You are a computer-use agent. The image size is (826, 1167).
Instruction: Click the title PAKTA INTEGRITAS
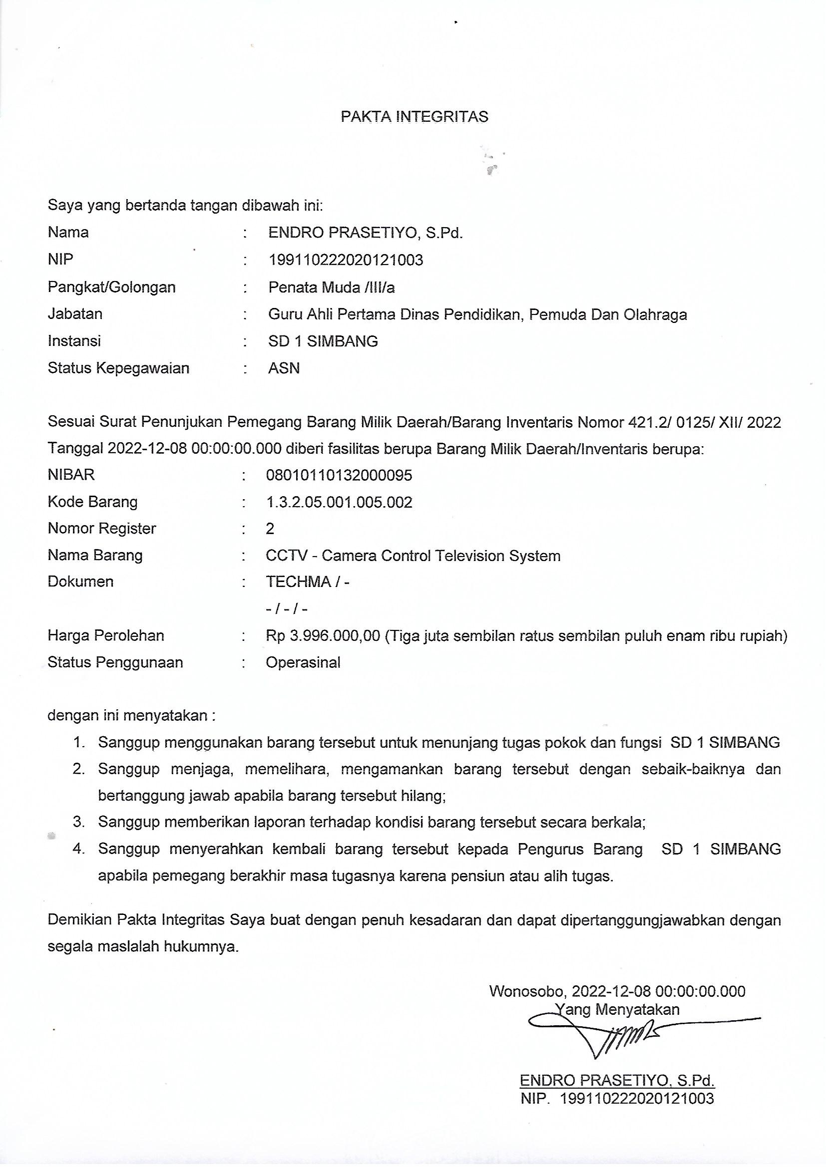tap(414, 117)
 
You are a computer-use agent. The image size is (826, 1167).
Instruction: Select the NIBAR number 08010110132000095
tap(339, 475)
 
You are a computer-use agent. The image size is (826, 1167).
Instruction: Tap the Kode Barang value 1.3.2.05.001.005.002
tap(339, 502)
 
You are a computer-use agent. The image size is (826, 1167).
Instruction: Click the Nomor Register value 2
tap(270, 529)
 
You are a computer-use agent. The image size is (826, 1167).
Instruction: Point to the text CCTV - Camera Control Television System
tap(413, 556)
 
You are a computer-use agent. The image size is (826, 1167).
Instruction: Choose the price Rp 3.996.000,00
tap(323, 636)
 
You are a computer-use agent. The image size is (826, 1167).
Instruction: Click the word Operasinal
tap(303, 662)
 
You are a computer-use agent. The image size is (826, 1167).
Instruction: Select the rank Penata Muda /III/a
tap(331, 288)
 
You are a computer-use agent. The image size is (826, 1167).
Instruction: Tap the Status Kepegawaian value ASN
tap(284, 368)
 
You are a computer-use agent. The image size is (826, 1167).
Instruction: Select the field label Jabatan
tap(75, 314)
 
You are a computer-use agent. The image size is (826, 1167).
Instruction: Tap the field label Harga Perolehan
tap(106, 636)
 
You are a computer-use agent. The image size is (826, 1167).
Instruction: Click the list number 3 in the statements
tap(79, 822)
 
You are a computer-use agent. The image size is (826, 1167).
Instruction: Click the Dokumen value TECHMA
tap(299, 582)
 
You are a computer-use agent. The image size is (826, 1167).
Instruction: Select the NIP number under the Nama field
tap(346, 260)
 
